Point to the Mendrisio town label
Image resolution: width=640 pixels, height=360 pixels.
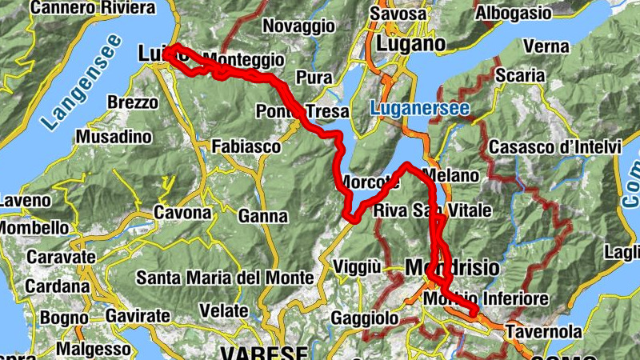pos(452,266)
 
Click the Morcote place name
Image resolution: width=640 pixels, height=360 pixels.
pos(370,182)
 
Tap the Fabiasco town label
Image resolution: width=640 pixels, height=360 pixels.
pos(246,146)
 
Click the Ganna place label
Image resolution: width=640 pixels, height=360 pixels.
pos(262,216)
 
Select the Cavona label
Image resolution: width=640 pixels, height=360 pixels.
pos(182,213)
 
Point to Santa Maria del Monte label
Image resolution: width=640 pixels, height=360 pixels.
pos(225,278)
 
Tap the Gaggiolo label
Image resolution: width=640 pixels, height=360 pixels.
pos(369,318)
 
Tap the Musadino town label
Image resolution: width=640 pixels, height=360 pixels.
pos(114,137)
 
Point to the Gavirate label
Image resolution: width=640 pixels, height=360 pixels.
pos(138,315)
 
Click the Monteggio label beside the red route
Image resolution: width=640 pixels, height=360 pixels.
pos(244,59)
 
